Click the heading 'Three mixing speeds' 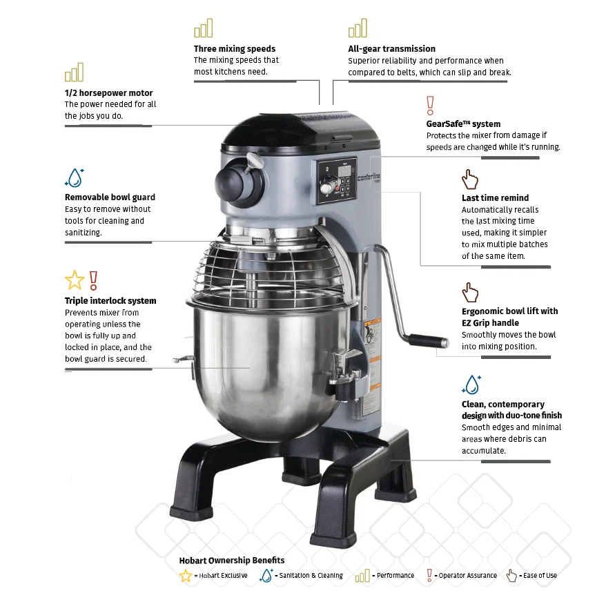click(x=235, y=49)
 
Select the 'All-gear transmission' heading click(x=391, y=49)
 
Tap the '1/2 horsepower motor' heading click(x=108, y=93)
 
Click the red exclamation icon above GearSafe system click(x=431, y=106)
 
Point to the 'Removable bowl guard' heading click(x=110, y=197)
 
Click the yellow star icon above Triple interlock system click(x=74, y=280)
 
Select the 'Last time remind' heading click(x=495, y=198)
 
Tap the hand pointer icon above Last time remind click(x=470, y=179)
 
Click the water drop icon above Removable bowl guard click(x=74, y=177)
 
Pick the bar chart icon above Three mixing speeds click(x=204, y=28)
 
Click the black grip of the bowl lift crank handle click(x=428, y=340)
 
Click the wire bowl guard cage click(x=269, y=269)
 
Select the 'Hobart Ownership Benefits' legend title click(x=231, y=560)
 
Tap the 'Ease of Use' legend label click(x=540, y=576)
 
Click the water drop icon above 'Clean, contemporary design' click(x=471, y=385)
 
